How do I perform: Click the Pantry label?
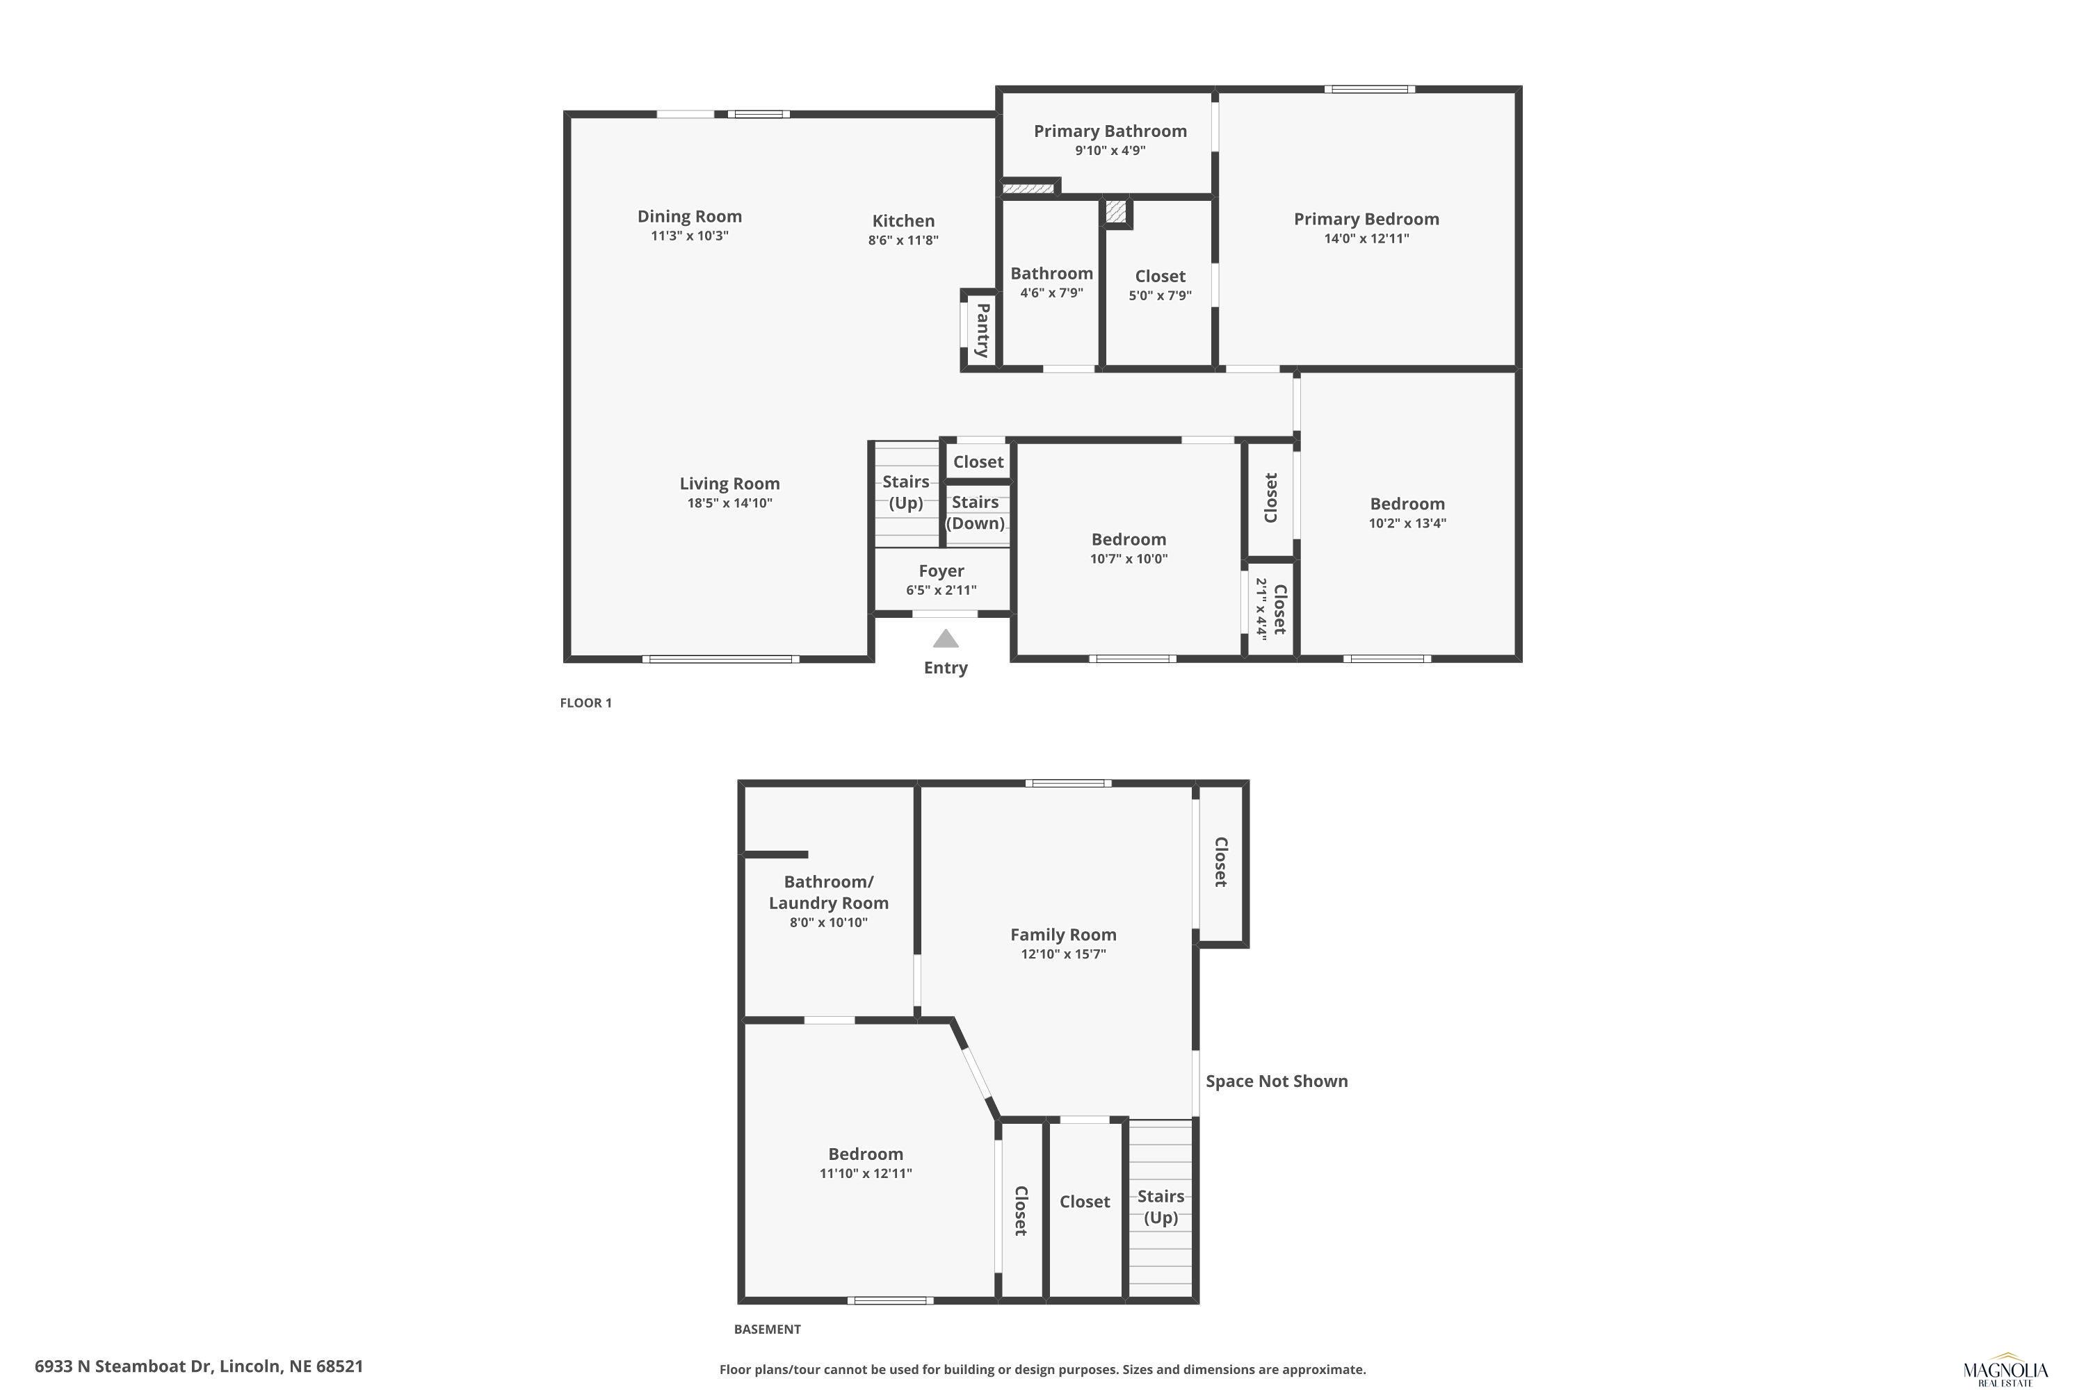pos(983,329)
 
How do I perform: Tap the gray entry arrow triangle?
pos(946,638)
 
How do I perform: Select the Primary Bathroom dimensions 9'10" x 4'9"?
pos(1110,151)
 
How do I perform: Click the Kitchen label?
pos(903,221)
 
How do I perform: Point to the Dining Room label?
pos(689,216)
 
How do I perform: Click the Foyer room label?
pos(941,571)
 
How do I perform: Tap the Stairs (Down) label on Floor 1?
pos(975,512)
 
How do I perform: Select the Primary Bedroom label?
pos(1366,219)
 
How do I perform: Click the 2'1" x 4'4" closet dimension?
pos(1260,608)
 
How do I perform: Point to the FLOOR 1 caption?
pos(585,703)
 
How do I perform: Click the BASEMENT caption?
pos(767,1329)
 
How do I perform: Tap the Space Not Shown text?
pos(1276,1081)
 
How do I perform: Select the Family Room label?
pos(1062,934)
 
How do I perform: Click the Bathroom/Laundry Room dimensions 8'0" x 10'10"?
pos(828,923)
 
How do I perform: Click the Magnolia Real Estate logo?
pos(2006,1370)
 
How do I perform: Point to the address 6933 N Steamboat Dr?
pos(124,1366)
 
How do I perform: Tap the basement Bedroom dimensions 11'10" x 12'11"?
pos(865,1174)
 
